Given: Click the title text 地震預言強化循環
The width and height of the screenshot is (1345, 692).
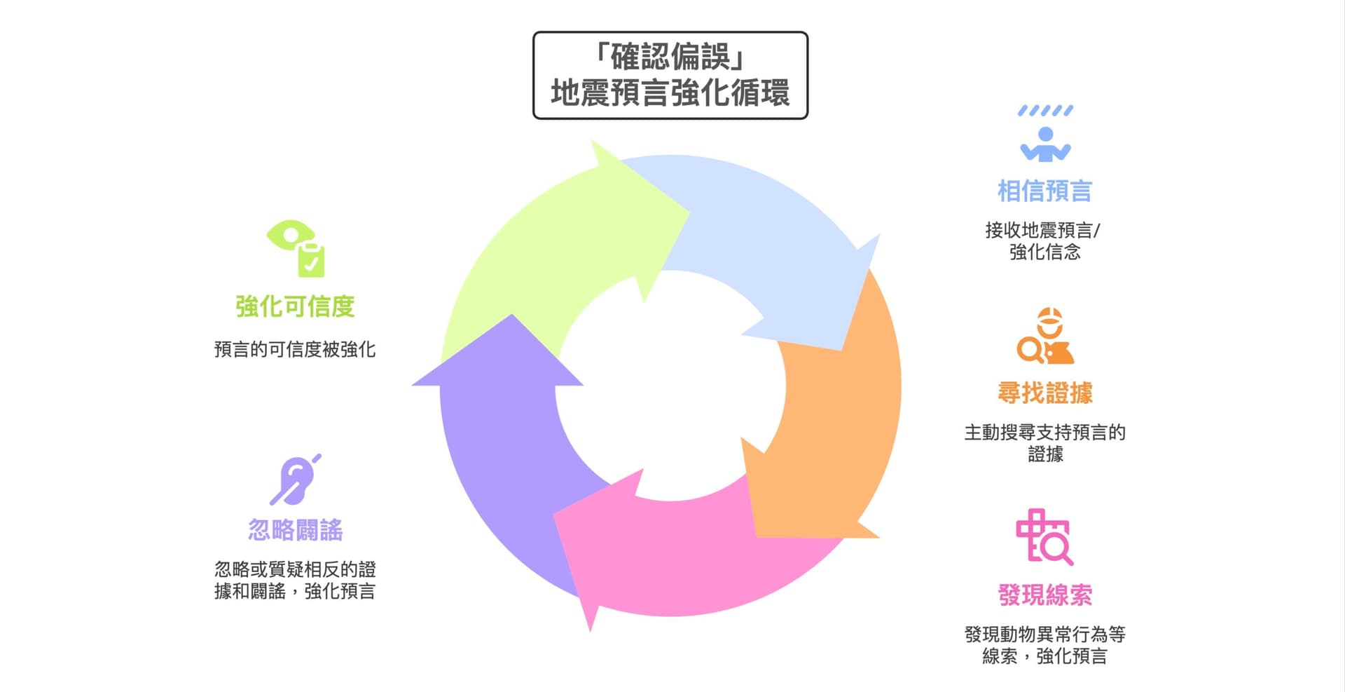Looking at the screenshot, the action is (x=670, y=93).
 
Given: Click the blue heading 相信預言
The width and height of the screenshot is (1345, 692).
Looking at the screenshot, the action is (x=1044, y=191).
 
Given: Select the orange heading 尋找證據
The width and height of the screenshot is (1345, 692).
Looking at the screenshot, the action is (x=1044, y=393).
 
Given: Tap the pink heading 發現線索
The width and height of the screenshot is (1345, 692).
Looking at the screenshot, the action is (x=1044, y=595).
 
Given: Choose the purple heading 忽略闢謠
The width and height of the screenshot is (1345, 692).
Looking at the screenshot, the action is (x=295, y=530).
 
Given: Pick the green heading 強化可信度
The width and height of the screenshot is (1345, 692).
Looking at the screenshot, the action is (x=295, y=306).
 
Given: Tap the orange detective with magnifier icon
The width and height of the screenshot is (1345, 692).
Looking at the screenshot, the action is (x=1045, y=336).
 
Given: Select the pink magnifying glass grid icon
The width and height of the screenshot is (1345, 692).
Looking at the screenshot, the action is (x=1044, y=537).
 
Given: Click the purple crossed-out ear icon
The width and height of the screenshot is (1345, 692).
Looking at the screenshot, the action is (x=296, y=480).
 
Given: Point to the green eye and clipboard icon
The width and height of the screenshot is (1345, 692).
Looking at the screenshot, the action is (x=296, y=249).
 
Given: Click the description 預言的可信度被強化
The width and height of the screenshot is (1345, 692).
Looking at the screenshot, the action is (x=295, y=349).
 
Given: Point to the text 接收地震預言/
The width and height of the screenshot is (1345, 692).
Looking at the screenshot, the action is (x=1042, y=230).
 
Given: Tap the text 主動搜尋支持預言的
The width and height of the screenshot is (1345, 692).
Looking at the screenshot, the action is (x=1044, y=432).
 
